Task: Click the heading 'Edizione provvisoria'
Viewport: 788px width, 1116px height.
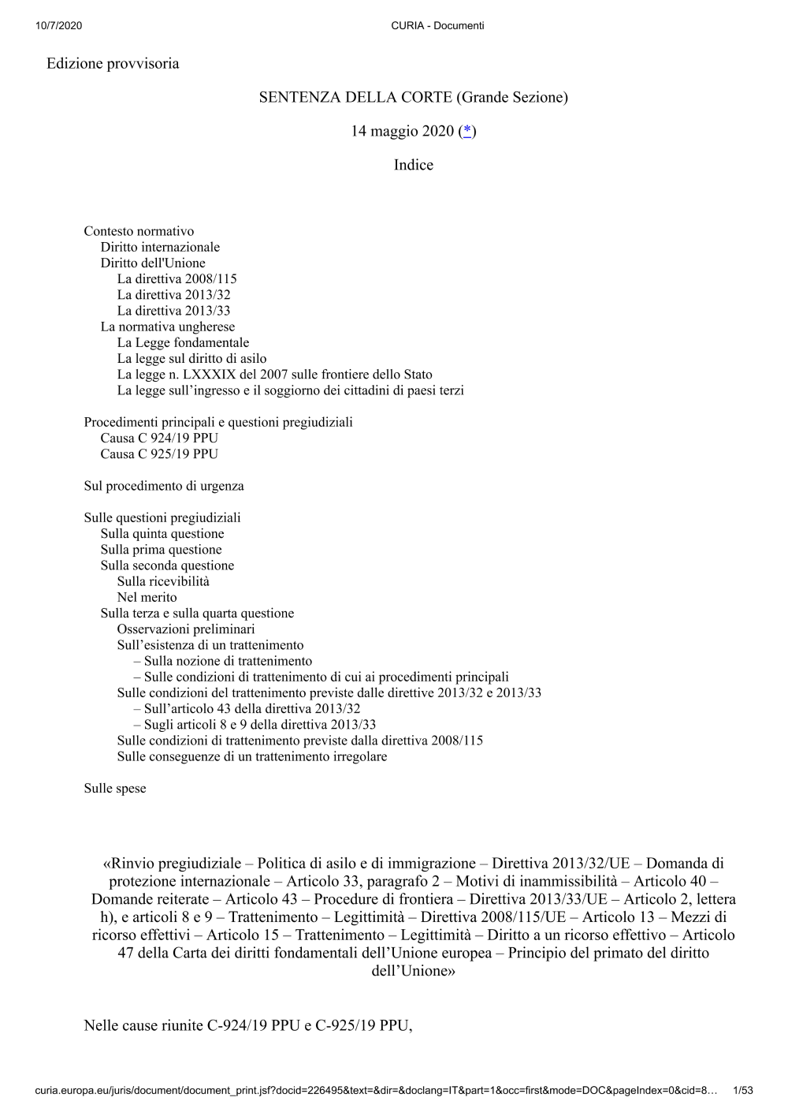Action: pos(113,63)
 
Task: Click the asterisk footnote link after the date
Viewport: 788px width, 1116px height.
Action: pos(467,131)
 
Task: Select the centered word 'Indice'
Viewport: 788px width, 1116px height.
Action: pos(413,165)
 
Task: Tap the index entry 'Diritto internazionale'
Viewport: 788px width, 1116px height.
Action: pos(160,247)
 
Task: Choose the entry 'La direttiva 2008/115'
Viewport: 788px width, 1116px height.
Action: pos(177,278)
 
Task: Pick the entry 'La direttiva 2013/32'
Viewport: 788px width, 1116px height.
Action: pos(173,295)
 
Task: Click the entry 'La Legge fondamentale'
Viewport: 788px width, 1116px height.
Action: pos(183,342)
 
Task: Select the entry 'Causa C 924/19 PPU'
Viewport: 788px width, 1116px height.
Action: pos(159,438)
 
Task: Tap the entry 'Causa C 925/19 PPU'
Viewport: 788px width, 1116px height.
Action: pos(159,453)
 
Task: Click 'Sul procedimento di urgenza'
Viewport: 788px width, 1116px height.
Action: pos(164,486)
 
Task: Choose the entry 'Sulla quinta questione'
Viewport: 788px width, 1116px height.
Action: pos(162,533)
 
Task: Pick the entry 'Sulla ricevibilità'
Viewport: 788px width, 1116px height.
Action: pos(163,581)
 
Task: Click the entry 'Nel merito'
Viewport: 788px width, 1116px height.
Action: pos(147,597)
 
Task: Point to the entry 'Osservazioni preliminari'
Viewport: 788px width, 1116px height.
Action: pos(186,629)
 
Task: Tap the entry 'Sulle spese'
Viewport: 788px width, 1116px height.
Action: pos(115,788)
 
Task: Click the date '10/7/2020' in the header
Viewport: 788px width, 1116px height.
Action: pos(58,25)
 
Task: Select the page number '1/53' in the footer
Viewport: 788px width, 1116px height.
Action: pos(742,1091)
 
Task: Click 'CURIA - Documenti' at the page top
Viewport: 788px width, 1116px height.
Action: pos(437,25)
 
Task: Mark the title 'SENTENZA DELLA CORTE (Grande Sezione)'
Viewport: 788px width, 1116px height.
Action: pos(413,97)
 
